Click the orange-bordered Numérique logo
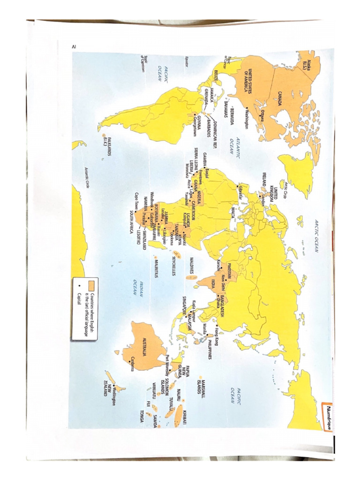pos(327,411)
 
